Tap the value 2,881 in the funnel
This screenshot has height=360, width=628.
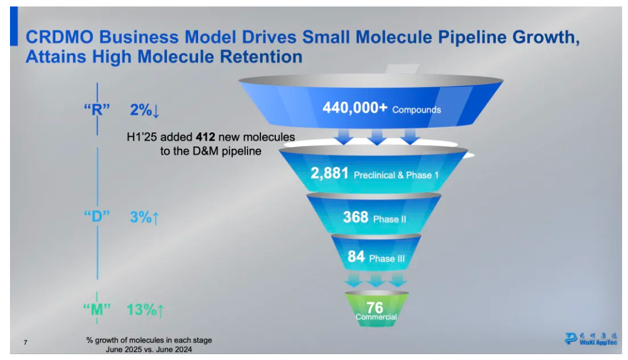coord(330,174)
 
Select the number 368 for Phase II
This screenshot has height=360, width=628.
coord(356,218)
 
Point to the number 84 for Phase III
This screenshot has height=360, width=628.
coord(356,257)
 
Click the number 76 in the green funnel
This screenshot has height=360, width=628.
coord(375,307)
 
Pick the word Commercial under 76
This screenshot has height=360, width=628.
coord(376,317)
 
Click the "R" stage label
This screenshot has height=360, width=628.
coord(97,109)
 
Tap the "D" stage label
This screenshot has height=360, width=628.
coord(97,216)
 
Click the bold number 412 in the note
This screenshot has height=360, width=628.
coord(206,138)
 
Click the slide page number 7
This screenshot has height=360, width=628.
coord(25,342)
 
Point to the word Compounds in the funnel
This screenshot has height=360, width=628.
coord(416,109)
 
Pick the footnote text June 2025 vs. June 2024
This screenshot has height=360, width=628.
coord(149,349)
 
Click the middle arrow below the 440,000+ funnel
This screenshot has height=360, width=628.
coord(376,138)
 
